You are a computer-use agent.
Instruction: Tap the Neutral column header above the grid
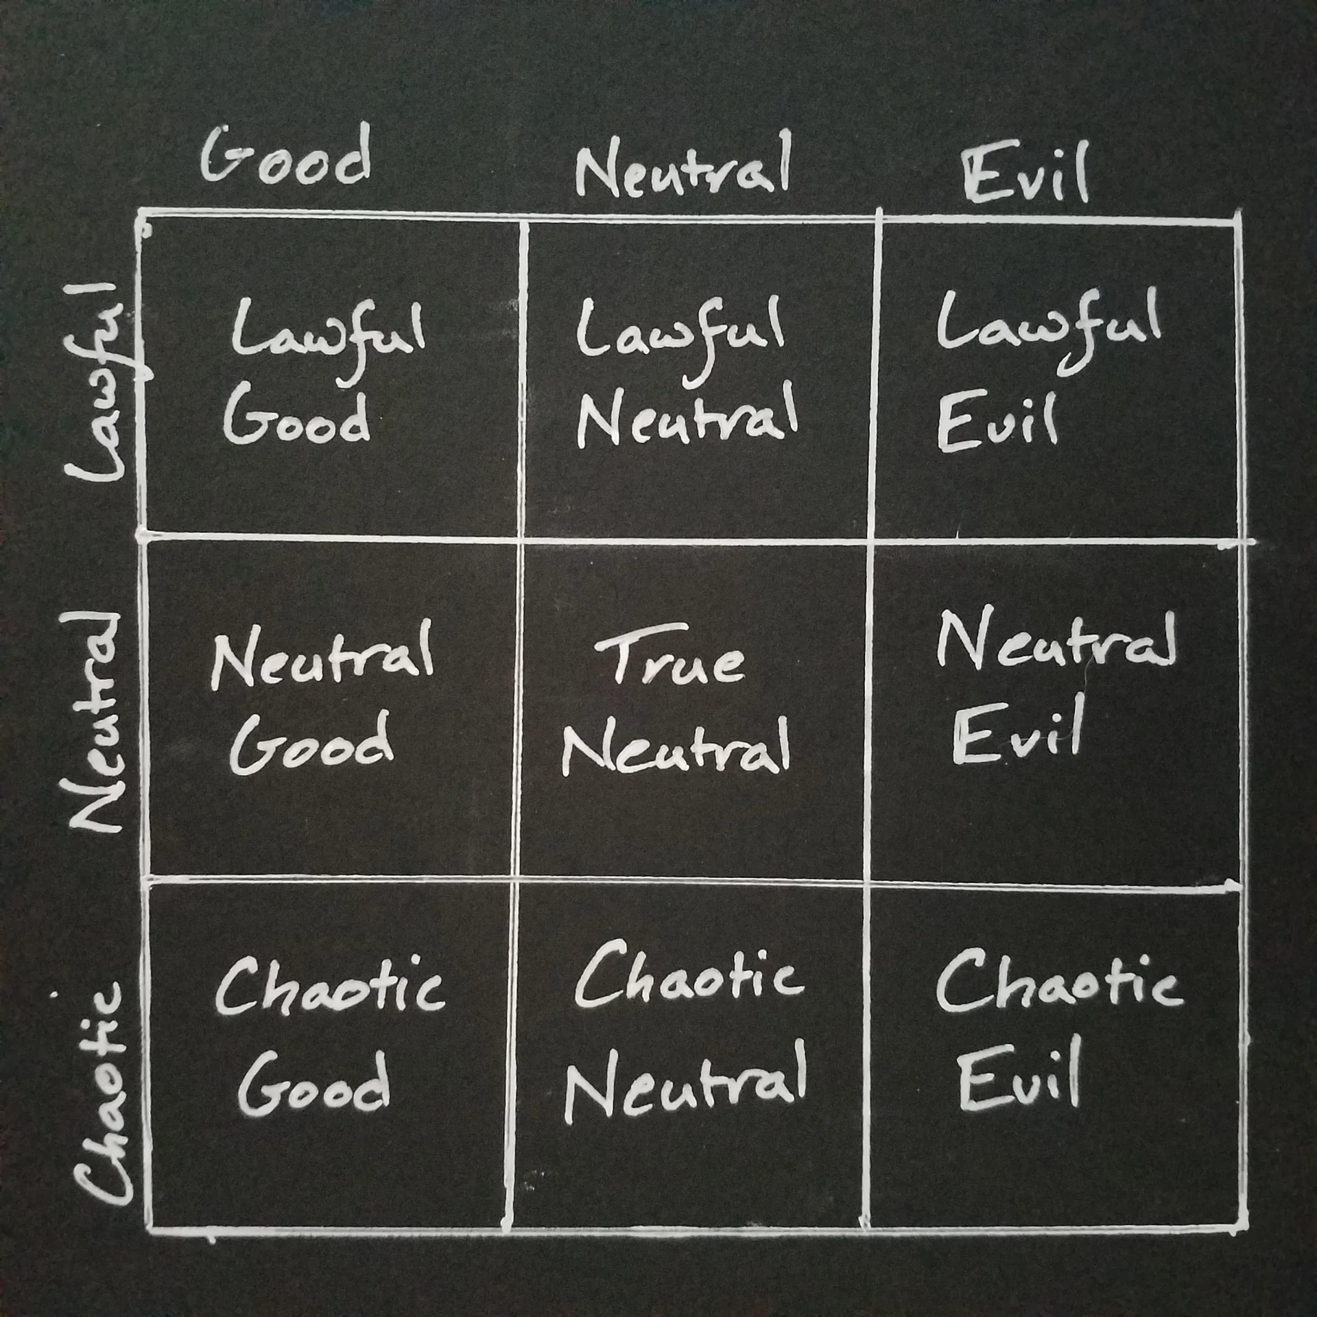684,165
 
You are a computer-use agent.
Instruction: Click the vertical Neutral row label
96,720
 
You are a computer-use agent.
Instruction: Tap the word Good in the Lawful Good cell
296,416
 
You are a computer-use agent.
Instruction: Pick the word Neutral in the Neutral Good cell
322,655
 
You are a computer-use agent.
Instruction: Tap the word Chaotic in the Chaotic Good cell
331,986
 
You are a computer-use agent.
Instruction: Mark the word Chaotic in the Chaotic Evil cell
1058,981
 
